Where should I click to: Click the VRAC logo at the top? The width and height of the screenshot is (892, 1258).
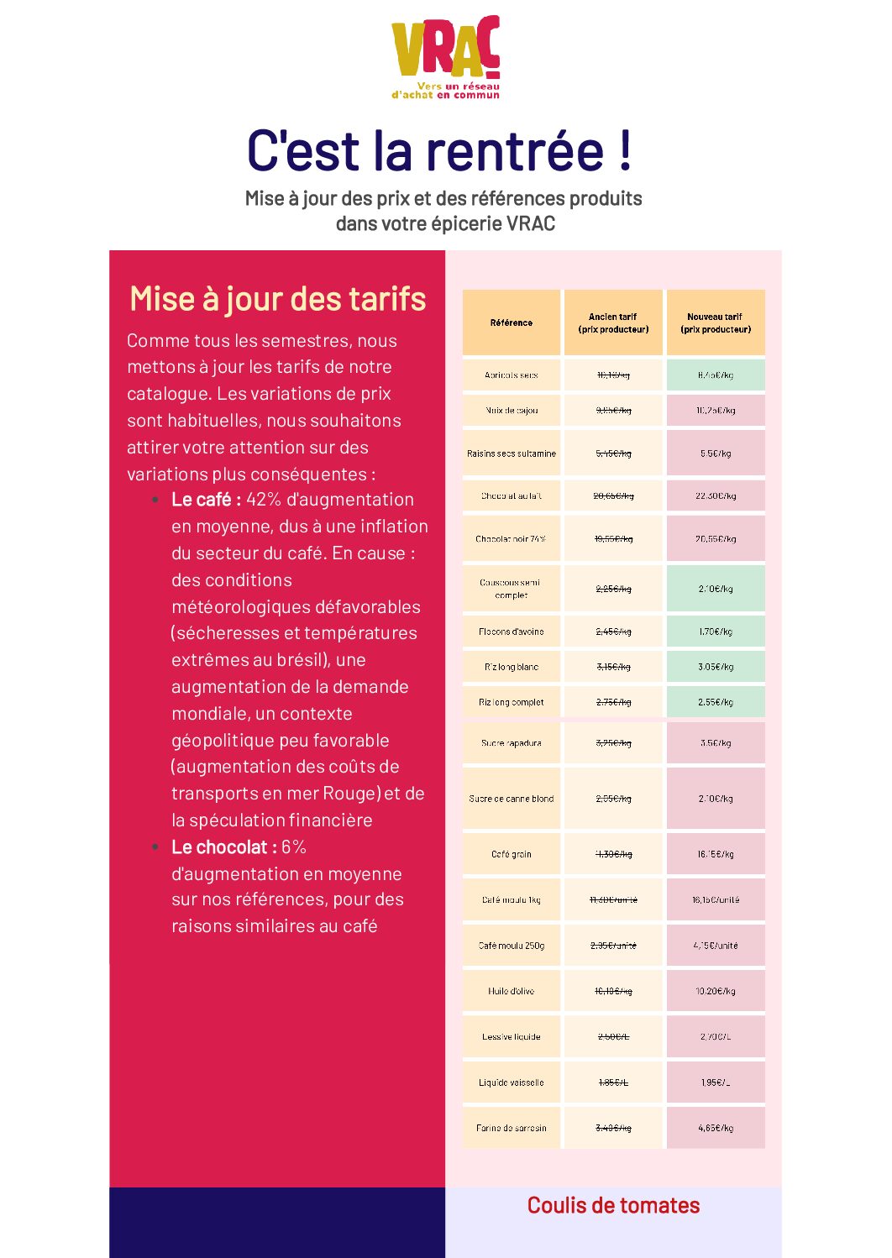445,57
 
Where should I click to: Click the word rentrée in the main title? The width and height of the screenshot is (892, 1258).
514,151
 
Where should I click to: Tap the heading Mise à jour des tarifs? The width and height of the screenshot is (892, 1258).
277,299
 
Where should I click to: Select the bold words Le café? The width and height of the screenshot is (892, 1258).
206,500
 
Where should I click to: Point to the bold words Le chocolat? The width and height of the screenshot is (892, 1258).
223,847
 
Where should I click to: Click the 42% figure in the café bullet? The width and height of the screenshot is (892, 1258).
264,500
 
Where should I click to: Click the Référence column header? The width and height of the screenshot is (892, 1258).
512,322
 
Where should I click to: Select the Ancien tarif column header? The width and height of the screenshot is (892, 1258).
613,322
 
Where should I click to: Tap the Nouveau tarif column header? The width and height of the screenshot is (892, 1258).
716,322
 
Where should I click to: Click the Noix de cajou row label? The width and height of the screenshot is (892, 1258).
512,411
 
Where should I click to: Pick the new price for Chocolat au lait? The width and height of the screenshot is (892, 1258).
716,496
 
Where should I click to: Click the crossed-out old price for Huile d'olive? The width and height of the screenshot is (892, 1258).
613,991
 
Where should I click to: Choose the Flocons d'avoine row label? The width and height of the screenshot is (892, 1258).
512,632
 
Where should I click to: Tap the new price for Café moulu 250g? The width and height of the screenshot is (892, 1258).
716,946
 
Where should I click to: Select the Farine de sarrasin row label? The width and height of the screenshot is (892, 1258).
512,1128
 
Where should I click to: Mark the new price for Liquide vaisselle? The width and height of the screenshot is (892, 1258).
716,1082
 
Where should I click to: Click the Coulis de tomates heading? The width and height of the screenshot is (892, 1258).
613,1205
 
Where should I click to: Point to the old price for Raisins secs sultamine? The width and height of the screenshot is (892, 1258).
613,453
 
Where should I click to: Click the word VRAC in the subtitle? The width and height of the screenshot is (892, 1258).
531,224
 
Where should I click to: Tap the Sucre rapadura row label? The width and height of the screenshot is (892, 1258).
512,743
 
